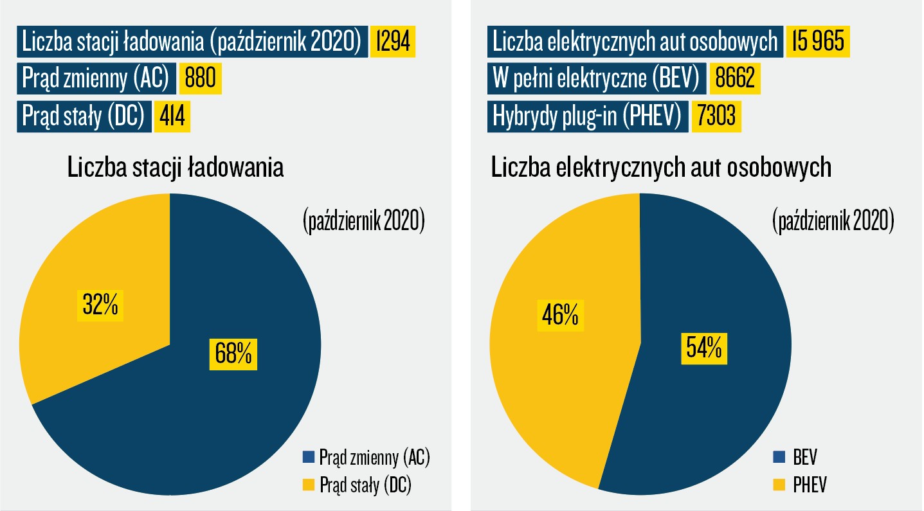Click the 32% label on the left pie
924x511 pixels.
[100, 305]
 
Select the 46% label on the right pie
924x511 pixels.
[560, 314]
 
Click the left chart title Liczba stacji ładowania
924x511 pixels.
[174, 168]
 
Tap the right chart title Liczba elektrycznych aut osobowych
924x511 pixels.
[662, 168]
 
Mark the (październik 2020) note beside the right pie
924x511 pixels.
[833, 222]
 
